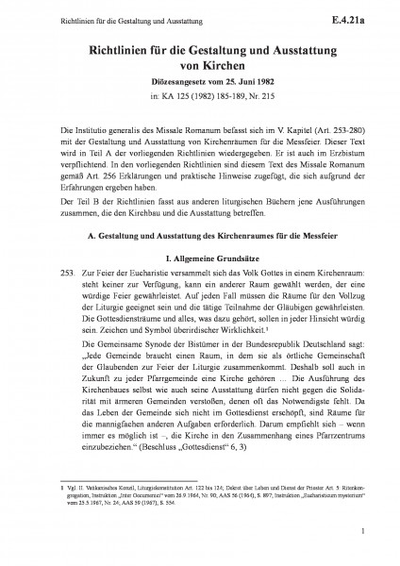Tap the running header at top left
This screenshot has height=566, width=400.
click(x=88, y=16)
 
